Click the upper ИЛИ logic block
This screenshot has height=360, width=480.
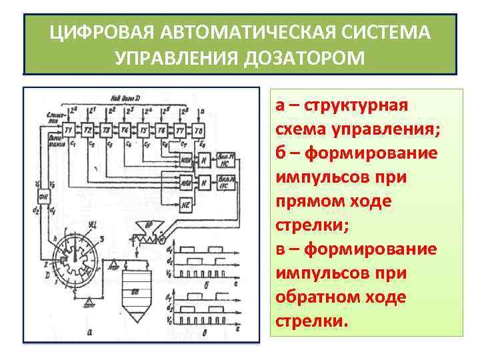point(186,162)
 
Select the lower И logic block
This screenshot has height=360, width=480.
point(207,183)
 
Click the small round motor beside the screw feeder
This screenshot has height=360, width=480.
point(162,237)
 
